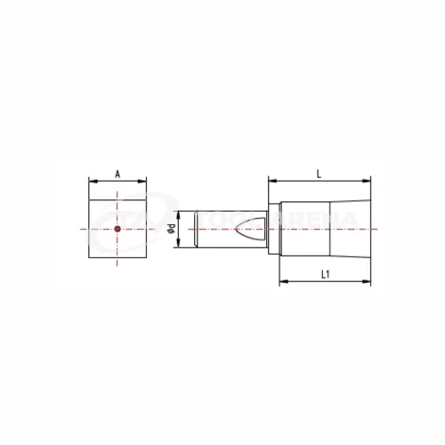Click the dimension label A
(117, 174)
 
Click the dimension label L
(318, 174)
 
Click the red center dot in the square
(117, 230)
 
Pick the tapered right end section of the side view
(351, 230)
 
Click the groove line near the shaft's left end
(197, 230)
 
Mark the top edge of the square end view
(117, 202)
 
